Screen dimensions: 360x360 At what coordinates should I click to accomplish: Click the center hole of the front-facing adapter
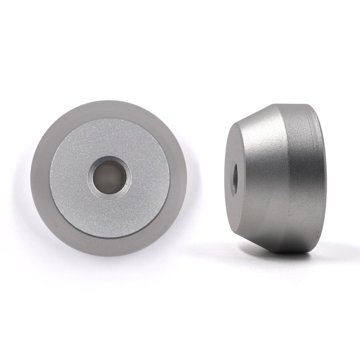pyautogui.click(x=109, y=177)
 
